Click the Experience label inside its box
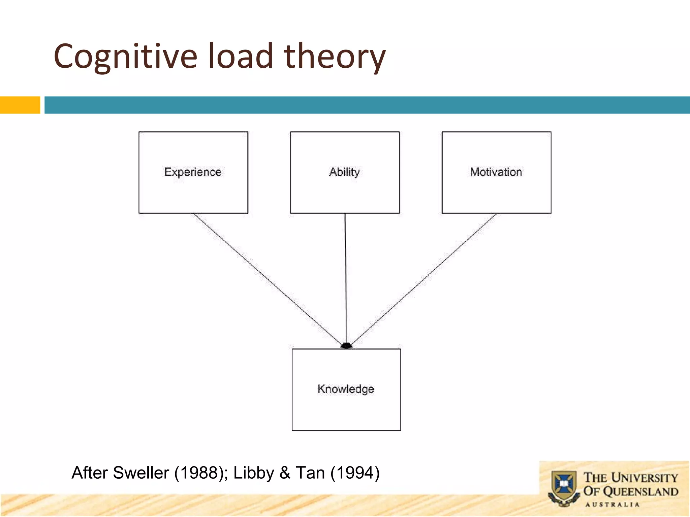pos(193,172)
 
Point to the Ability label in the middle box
pos(344,172)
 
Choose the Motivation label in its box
pos(496,172)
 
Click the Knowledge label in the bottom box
pos(346,389)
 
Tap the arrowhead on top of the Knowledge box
pos(346,346)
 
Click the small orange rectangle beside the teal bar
pos(20,105)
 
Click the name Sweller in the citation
pos(141,473)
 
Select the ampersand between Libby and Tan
pos(285,473)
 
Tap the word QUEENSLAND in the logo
pos(640,492)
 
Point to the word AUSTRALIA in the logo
pos(612,505)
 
